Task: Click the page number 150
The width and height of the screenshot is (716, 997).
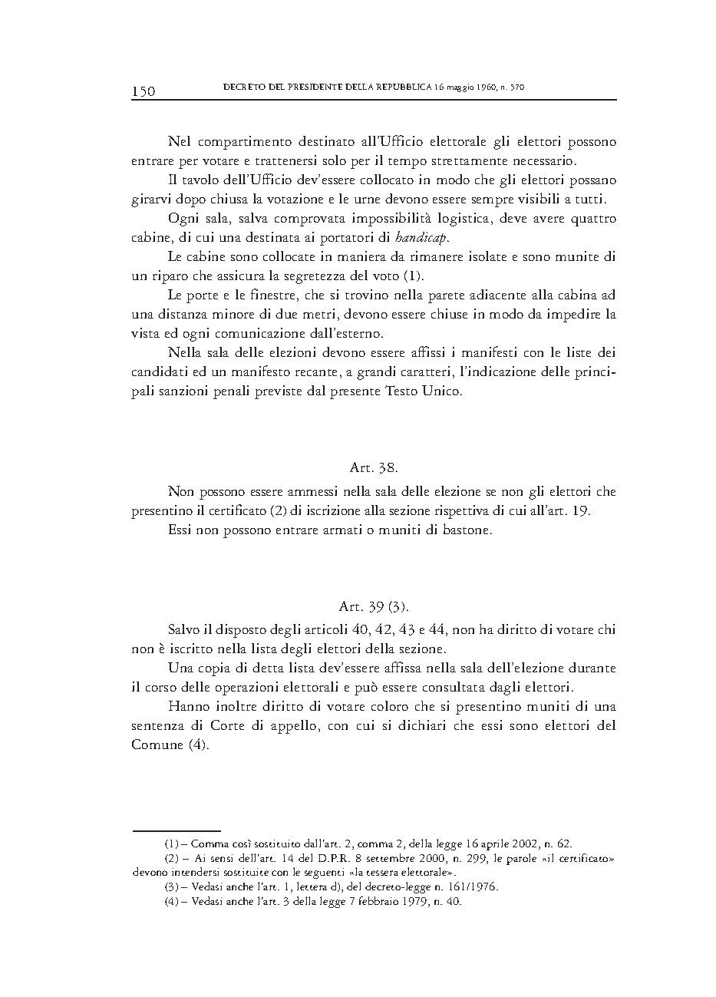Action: (x=144, y=91)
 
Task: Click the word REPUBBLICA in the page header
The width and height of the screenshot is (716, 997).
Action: (x=399, y=87)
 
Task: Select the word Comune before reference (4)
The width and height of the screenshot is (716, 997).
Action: (x=157, y=745)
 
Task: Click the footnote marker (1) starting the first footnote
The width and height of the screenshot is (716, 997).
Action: (x=172, y=843)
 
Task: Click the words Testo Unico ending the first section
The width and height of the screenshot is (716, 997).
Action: (x=428, y=391)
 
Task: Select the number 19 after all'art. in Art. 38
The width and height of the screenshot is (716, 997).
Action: (x=582, y=510)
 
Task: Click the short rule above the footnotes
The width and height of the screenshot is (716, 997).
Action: (x=177, y=830)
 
